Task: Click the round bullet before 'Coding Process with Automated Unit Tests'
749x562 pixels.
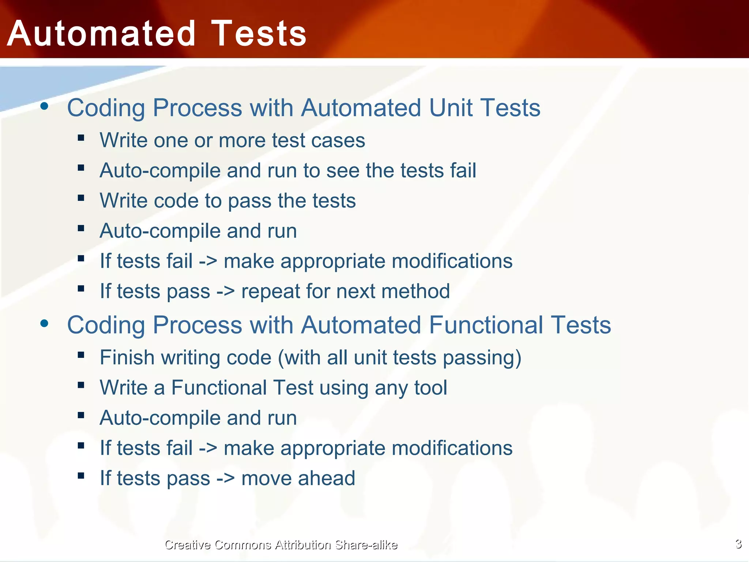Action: click(x=45, y=106)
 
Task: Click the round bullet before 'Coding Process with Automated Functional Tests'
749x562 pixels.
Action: click(x=45, y=323)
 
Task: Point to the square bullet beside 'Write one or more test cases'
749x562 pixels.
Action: click(x=81, y=138)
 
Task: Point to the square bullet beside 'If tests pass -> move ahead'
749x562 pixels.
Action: click(x=81, y=476)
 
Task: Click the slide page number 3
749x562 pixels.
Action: click(x=738, y=544)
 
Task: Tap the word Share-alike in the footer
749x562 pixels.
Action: click(x=366, y=545)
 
